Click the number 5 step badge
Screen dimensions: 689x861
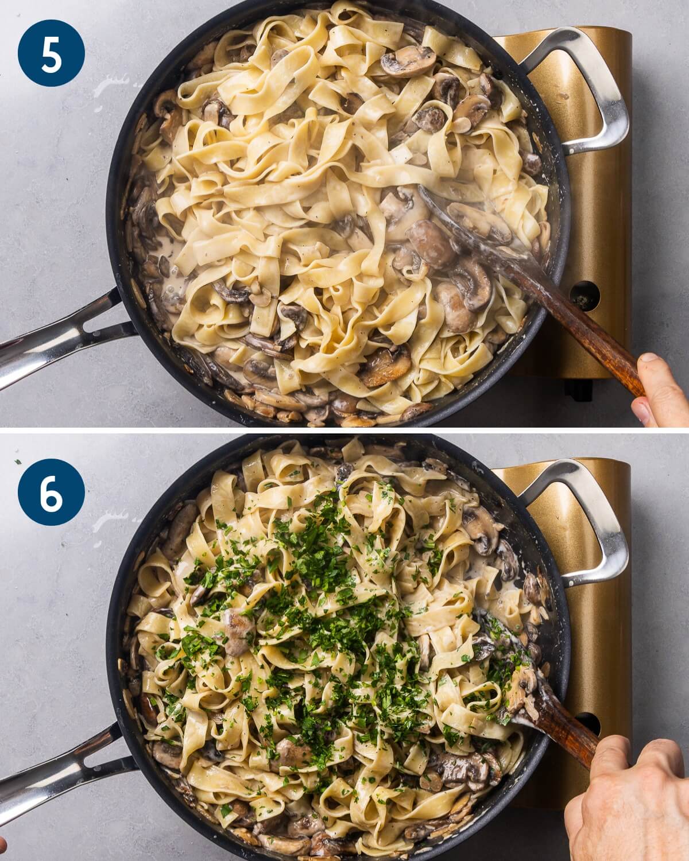click(x=51, y=53)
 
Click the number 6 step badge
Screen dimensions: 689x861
click(x=51, y=492)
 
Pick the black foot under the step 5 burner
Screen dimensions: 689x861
click(x=579, y=390)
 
